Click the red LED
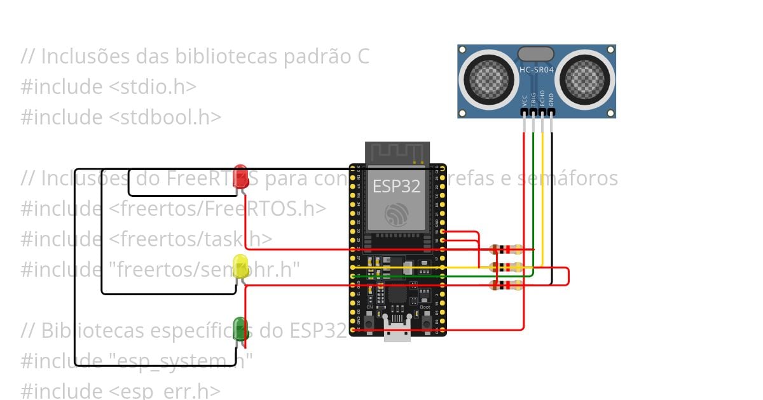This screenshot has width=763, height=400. click(x=240, y=176)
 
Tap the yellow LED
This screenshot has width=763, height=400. click(x=241, y=265)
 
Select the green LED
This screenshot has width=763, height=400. click(x=240, y=328)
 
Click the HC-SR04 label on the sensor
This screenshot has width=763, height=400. click(x=535, y=69)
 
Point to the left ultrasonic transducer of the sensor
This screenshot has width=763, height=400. click(x=488, y=79)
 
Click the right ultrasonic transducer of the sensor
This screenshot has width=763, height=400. click(x=584, y=79)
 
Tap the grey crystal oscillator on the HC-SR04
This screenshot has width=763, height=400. click(x=535, y=53)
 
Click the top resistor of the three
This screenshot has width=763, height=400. click(x=506, y=250)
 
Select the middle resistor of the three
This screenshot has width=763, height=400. click(x=506, y=267)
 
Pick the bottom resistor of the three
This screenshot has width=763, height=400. click(x=506, y=285)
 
